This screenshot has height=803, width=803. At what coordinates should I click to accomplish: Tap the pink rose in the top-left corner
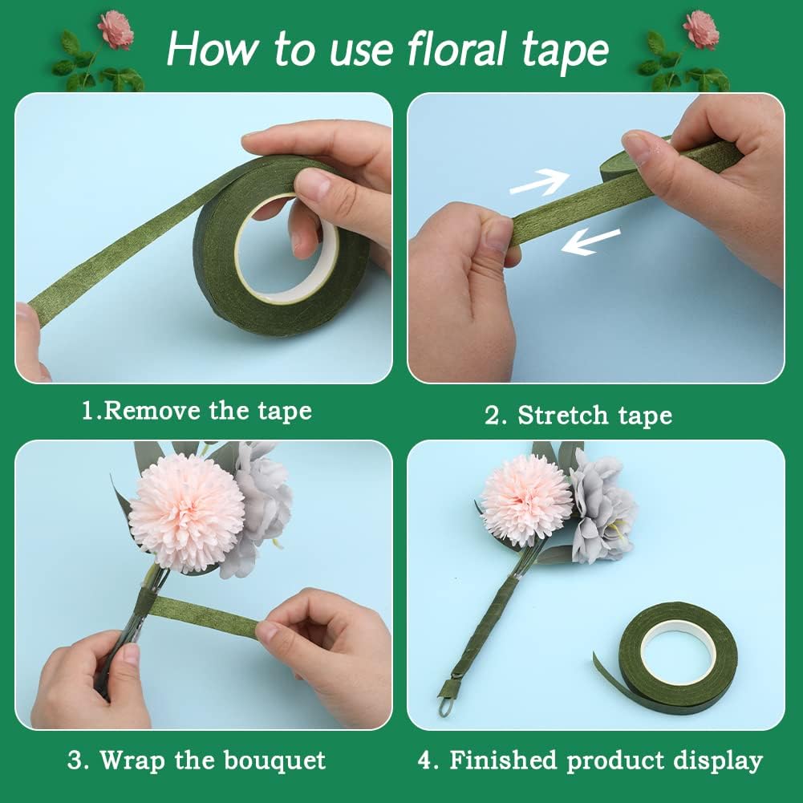point(116,29)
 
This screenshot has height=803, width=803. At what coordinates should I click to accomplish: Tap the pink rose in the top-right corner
point(701,29)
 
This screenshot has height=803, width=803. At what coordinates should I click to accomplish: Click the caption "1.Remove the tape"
point(197,412)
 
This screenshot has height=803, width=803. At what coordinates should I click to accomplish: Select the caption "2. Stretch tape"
point(578,415)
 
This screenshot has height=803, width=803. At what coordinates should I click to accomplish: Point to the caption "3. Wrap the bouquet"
point(197,760)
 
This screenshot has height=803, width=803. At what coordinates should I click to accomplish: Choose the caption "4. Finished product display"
point(590,760)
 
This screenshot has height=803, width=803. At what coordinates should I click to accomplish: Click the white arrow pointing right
point(539,183)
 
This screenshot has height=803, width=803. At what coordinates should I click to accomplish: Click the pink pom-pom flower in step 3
point(186,513)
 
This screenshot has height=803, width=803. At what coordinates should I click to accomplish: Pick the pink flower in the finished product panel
point(525,499)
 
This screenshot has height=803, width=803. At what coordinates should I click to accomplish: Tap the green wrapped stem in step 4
point(481,626)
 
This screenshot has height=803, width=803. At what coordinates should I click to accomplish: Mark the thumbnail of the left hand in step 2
point(497,233)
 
